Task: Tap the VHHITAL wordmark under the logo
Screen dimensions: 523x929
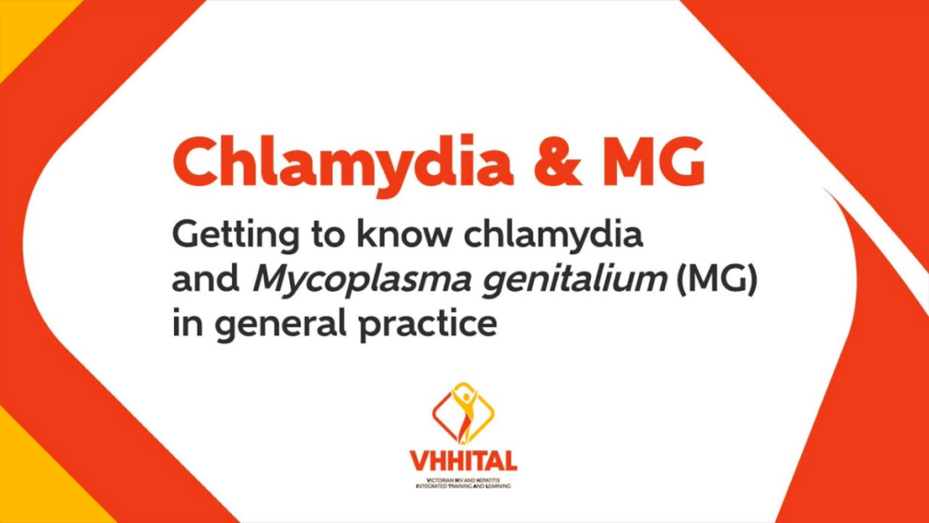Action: (x=464, y=460)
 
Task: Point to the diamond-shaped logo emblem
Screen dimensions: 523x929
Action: (x=464, y=413)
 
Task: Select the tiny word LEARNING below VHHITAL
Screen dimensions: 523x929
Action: (x=497, y=486)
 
